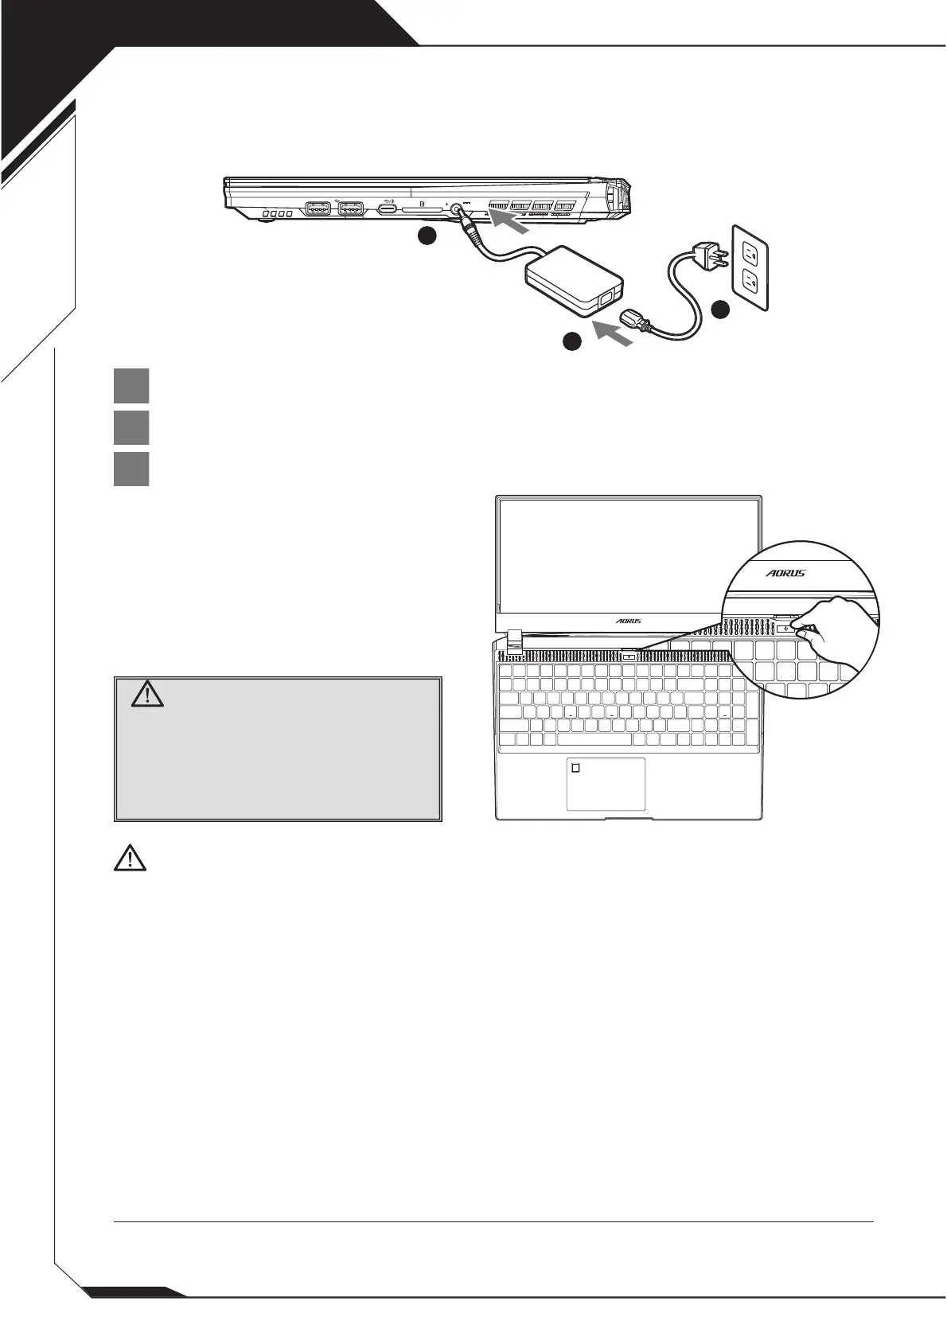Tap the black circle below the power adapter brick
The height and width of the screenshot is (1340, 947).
(571, 341)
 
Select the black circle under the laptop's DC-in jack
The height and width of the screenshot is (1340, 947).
(427, 236)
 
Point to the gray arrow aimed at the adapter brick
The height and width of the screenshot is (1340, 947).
(614, 333)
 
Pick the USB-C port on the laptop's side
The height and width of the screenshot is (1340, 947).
(388, 209)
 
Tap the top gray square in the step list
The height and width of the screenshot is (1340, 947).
(131, 385)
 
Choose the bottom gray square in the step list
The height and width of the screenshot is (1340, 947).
(131, 469)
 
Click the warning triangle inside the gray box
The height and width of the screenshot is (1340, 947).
(147, 695)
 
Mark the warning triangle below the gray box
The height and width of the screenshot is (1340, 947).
(130, 858)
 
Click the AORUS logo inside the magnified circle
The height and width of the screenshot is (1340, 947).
(785, 573)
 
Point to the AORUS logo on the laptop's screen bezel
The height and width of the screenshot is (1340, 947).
(628, 621)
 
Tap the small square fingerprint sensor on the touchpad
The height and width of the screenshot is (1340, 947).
(576, 768)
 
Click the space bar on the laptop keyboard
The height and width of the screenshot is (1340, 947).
(594, 739)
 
